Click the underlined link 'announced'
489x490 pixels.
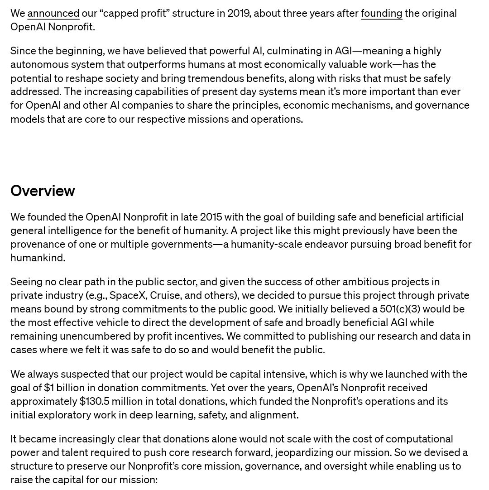pos(53,14)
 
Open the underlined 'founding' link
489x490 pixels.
pos(381,14)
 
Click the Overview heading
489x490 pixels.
pos(43,191)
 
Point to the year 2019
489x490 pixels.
pos(239,14)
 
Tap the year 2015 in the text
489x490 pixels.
pos(211,217)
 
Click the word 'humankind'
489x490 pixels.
pos(37,258)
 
